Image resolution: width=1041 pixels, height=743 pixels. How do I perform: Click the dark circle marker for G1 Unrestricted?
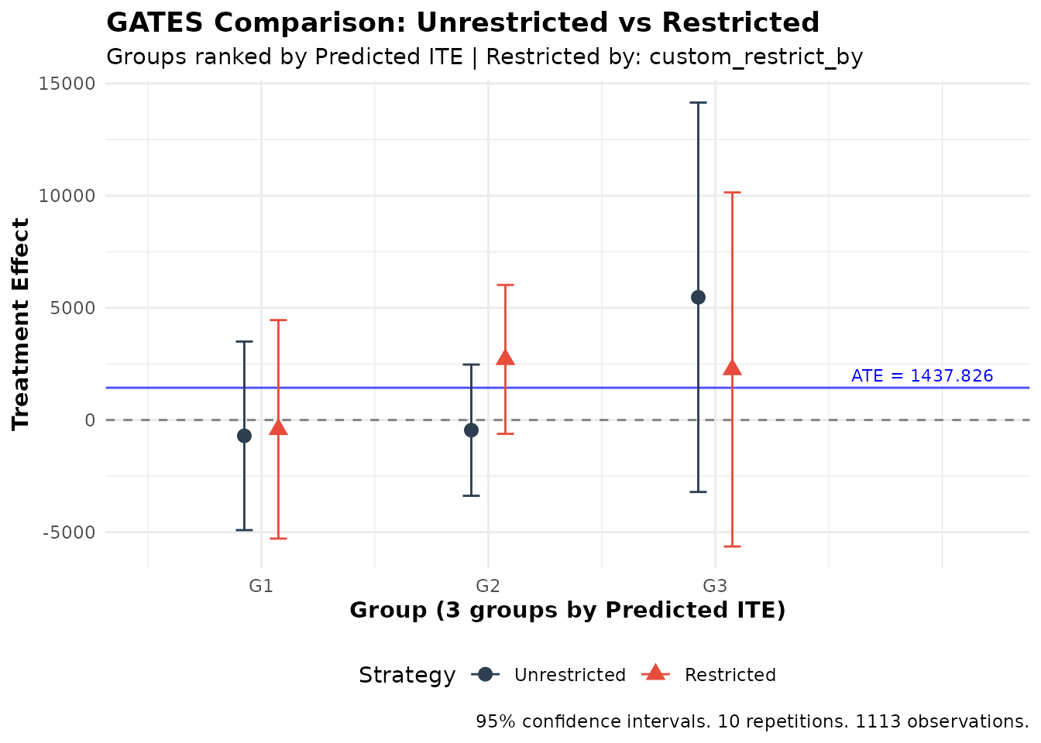pos(244,436)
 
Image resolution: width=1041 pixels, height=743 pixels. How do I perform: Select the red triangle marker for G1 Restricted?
pos(278,427)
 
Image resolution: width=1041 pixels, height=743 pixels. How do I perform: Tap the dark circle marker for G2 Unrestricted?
pos(471,430)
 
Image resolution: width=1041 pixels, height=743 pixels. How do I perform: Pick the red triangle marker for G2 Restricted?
pos(505,358)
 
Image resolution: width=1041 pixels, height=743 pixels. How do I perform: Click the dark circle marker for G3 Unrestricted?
pos(698,297)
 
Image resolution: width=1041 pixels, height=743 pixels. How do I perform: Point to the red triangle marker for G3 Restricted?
pos(732,368)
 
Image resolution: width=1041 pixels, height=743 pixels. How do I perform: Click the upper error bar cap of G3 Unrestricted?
pos(698,102)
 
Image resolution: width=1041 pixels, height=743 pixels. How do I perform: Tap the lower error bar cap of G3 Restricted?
pos(732,546)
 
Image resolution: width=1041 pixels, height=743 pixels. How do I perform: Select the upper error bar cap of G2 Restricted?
pos(505,285)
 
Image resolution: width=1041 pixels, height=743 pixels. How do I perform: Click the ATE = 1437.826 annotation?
pos(922,376)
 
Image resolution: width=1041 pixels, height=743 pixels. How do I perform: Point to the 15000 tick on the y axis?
pos(67,84)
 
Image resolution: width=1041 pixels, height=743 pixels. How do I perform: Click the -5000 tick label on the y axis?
pos(68,532)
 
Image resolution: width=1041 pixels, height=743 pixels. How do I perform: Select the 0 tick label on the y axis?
pos(90,420)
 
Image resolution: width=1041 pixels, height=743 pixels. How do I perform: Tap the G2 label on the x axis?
pos(488,586)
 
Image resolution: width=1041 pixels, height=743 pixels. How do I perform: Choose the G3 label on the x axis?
pos(715,586)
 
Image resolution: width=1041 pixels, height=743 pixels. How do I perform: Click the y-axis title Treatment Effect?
pos(21,324)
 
